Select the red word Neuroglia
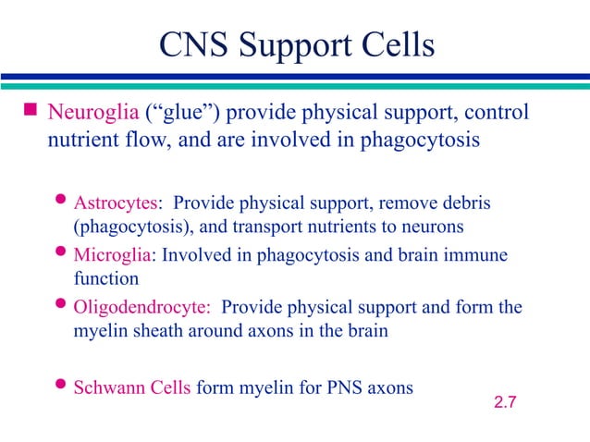pos(92,113)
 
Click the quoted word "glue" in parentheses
pos(178,113)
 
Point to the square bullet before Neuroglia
pos(30,113)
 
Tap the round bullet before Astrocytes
pos(62,202)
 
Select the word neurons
pos(435,225)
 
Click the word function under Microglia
pos(105,277)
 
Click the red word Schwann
pos(106,387)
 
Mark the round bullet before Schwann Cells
pos(62,387)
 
